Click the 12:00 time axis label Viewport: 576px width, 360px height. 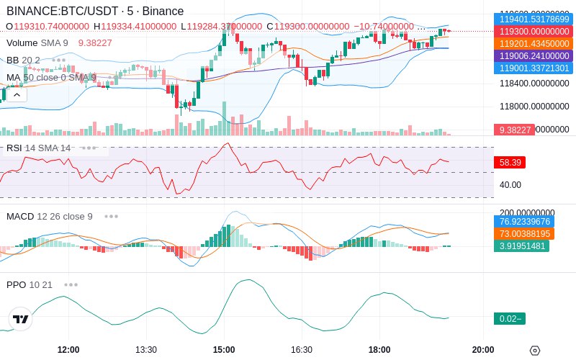68,350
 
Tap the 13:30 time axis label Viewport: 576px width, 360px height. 146,350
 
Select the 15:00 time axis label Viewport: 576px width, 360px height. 224,350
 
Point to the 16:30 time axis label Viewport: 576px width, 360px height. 302,350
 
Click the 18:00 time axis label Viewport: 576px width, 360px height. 379,350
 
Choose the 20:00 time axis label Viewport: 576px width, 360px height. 483,350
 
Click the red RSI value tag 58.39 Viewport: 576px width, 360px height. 510,163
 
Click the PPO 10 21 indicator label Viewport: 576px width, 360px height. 30,284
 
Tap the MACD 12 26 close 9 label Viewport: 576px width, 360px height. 50,216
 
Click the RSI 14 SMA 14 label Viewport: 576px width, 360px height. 39,148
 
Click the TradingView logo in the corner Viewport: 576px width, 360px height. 21,319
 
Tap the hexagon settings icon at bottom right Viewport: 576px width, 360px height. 534,351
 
